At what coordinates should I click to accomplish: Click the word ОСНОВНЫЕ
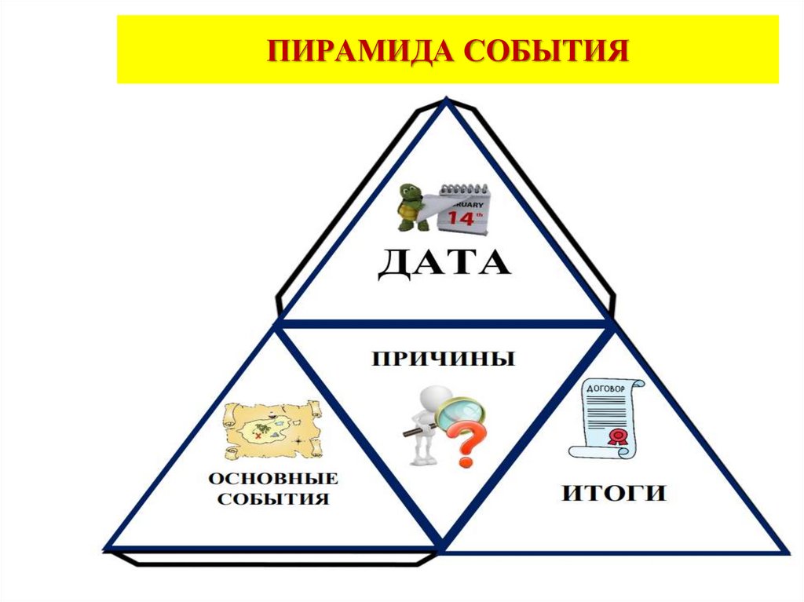pyautogui.click(x=272, y=478)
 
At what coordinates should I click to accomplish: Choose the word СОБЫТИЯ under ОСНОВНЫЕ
pyautogui.click(x=272, y=499)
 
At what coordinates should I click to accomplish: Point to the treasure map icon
pyautogui.click(x=272, y=429)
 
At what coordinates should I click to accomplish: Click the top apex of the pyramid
pyautogui.click(x=447, y=100)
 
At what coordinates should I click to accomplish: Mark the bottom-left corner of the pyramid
pyautogui.click(x=108, y=546)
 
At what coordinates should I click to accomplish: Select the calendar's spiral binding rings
pyautogui.click(x=462, y=189)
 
